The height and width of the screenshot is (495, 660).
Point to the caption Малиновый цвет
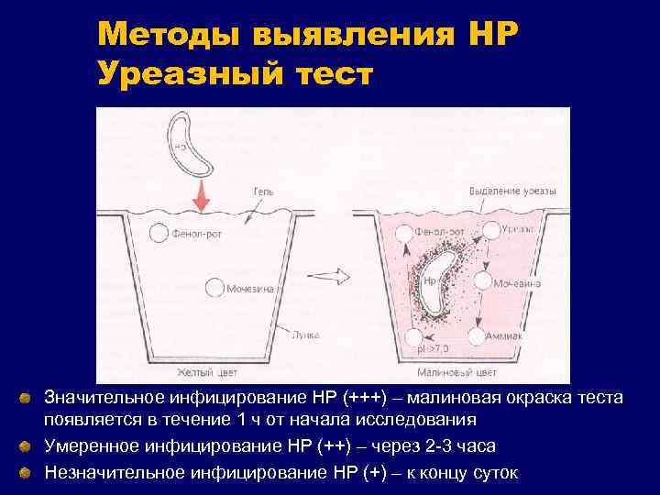tap(456, 373)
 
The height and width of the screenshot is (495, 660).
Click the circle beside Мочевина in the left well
tap(214, 288)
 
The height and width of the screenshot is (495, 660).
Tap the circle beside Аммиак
tap(476, 335)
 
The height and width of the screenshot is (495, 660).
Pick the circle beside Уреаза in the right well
tap(492, 230)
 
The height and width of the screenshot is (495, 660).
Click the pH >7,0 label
tap(431, 349)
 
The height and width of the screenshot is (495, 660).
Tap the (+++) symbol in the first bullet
tap(370, 399)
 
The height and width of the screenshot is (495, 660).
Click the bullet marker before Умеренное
tap(28, 446)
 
